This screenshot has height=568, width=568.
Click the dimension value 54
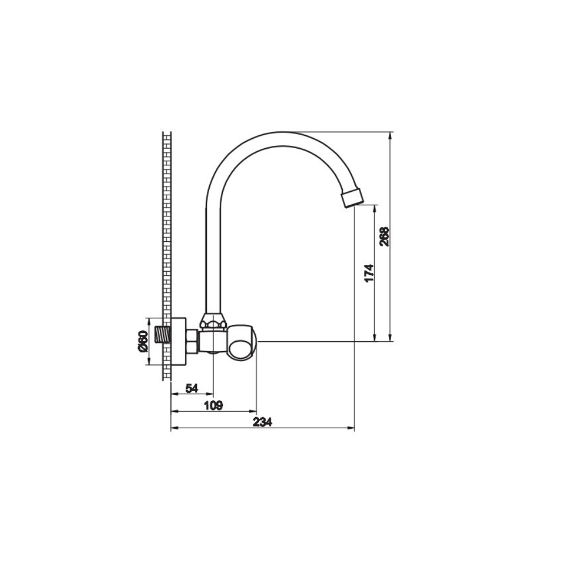click(191, 388)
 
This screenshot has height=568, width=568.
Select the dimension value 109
click(213, 405)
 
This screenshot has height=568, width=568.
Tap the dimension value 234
click(262, 422)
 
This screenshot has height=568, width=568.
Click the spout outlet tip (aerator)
click(352, 197)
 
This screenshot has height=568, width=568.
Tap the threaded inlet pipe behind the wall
click(163, 336)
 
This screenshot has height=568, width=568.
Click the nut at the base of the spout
click(213, 321)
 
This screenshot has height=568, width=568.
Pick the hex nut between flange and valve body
click(192, 341)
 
